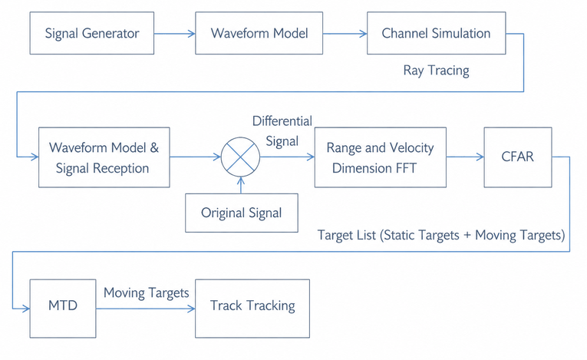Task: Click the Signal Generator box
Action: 92,33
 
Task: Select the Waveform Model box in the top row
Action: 259,33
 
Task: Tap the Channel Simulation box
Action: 436,33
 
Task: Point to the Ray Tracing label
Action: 436,71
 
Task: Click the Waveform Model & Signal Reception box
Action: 104,157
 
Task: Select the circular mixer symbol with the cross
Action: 240,157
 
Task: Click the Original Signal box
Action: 242,213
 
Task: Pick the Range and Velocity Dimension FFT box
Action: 381,157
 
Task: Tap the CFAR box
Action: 518,157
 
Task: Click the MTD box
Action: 63,309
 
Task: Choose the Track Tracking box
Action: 252,309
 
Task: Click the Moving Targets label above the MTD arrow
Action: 146,293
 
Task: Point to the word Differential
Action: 282,121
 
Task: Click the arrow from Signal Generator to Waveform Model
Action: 174,34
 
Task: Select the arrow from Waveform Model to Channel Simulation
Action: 345,34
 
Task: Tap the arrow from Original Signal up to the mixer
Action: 241,185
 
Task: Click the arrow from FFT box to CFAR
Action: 465,157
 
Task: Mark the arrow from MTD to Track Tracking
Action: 146,309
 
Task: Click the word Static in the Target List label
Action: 399,235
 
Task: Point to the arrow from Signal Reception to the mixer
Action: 195,157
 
